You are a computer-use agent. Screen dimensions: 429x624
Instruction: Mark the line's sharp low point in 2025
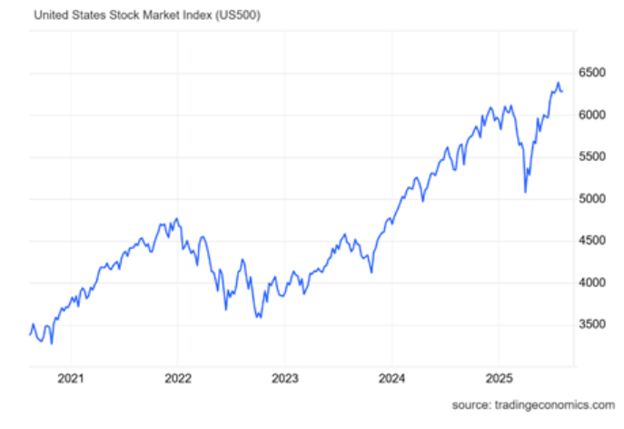point(526,192)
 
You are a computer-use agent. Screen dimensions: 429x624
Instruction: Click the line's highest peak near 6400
point(558,83)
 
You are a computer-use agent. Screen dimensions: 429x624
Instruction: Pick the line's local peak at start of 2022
point(177,219)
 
